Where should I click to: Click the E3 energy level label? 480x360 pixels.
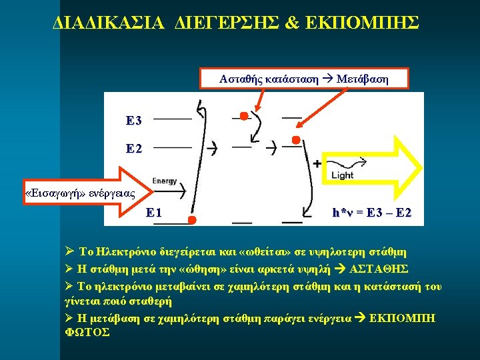coord(133,121)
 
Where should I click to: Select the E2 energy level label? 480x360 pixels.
coord(133,149)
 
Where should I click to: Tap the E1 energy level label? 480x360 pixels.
coord(153,213)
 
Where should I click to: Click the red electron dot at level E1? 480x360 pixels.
coord(191,219)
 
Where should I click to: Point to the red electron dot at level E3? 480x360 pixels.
coord(244,117)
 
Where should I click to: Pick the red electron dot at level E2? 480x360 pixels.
coord(297,140)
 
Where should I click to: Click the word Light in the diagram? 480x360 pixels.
coord(342,175)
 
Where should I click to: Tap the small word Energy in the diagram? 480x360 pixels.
coord(165,181)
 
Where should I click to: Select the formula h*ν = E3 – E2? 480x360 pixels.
coord(372,213)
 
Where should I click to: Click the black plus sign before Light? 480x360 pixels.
coord(317,163)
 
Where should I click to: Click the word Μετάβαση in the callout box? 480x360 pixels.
coord(363,79)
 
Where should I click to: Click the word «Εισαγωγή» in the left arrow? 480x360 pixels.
coord(52,194)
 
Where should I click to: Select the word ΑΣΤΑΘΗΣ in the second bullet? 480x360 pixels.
coord(381,269)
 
